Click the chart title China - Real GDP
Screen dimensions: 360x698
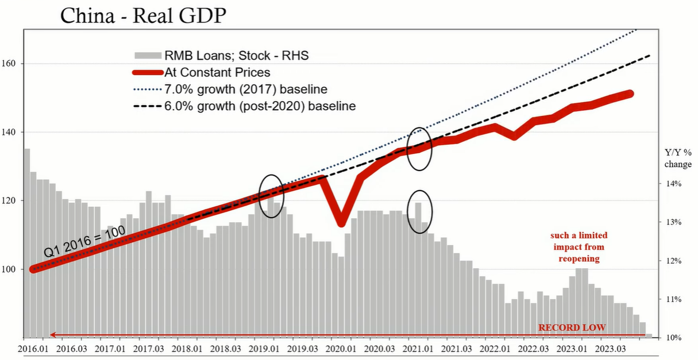143,16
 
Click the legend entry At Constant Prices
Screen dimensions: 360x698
217,72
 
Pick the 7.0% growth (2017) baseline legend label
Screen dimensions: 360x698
245,89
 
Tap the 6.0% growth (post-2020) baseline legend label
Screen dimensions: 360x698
260,106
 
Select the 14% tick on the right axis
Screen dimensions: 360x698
673,184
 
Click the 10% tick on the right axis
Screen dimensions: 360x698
673,337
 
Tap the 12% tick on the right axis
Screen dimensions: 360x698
673,261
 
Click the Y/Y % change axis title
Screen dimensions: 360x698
678,158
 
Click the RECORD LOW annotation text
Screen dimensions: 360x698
572,328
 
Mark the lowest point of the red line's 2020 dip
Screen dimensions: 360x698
341,222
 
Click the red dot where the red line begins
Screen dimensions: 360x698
33,269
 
